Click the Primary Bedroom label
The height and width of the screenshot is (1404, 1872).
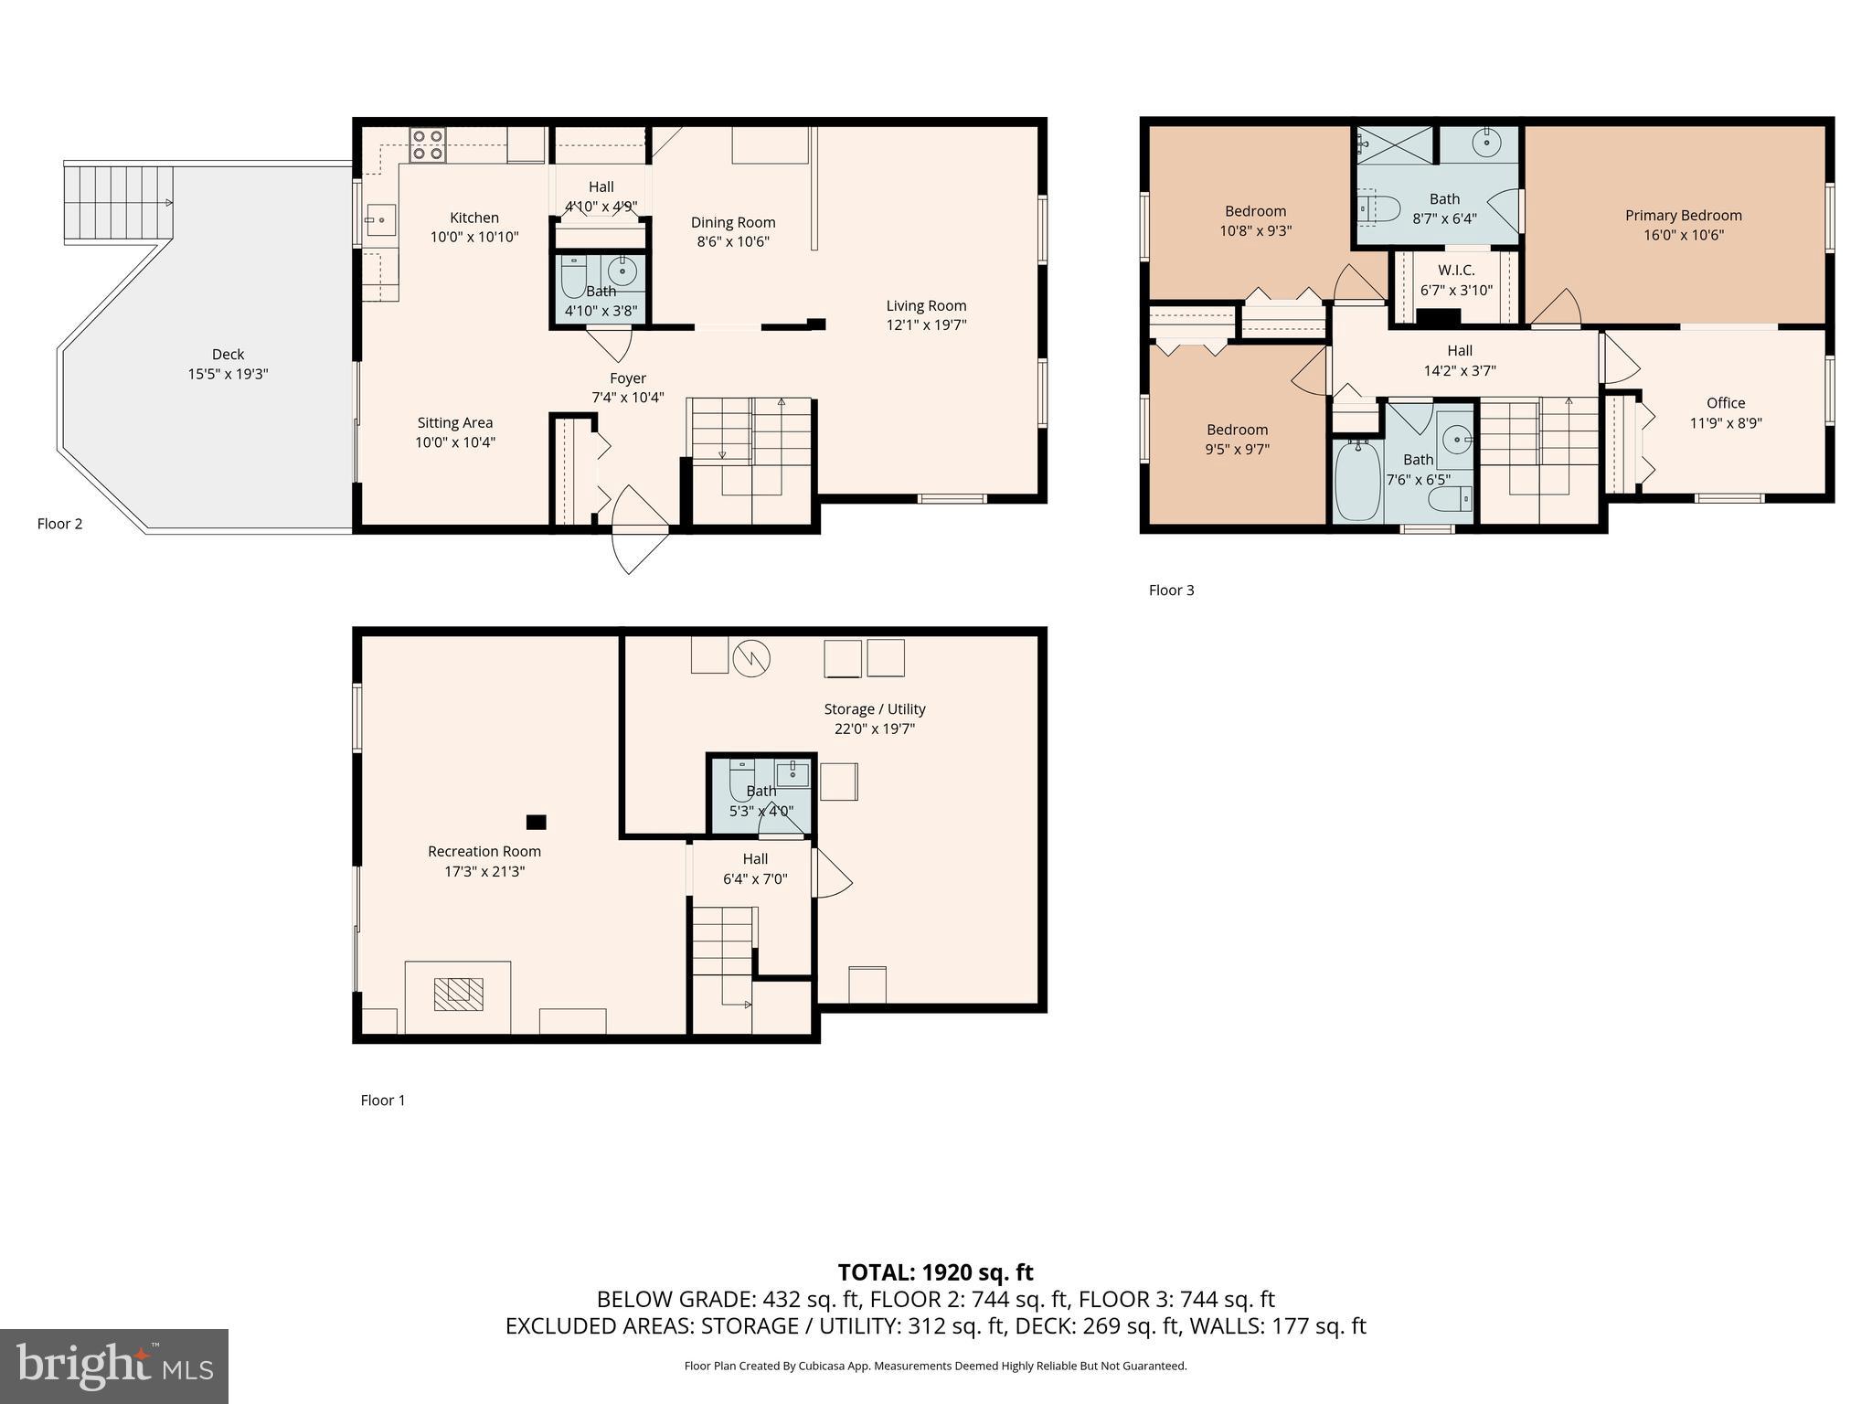[x=1683, y=216]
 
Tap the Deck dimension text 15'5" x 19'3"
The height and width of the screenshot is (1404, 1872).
[x=228, y=374]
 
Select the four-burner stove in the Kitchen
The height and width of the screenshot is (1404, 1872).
[x=427, y=145]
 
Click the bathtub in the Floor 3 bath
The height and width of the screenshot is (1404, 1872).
[x=1356, y=480]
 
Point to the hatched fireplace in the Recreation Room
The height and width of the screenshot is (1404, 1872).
[x=458, y=993]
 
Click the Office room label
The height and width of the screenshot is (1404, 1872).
[x=1725, y=403]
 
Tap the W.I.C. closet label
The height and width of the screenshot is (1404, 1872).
[x=1456, y=271]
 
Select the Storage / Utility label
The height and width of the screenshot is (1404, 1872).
[x=874, y=709]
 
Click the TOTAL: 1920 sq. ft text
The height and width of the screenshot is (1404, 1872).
[x=935, y=1271]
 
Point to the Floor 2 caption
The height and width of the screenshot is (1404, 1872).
[x=59, y=524]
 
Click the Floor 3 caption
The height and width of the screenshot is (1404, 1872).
[x=1171, y=590]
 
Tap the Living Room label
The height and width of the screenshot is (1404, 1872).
[x=925, y=306]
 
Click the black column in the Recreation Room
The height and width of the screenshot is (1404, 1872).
[x=537, y=822]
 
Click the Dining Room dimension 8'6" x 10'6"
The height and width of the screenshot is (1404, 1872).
[x=732, y=242]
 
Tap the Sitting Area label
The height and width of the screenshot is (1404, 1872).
[x=454, y=423]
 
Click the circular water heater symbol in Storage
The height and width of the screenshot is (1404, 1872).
[x=751, y=658]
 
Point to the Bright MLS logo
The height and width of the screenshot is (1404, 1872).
[x=113, y=1366]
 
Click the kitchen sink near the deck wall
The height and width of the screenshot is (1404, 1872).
[x=380, y=219]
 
